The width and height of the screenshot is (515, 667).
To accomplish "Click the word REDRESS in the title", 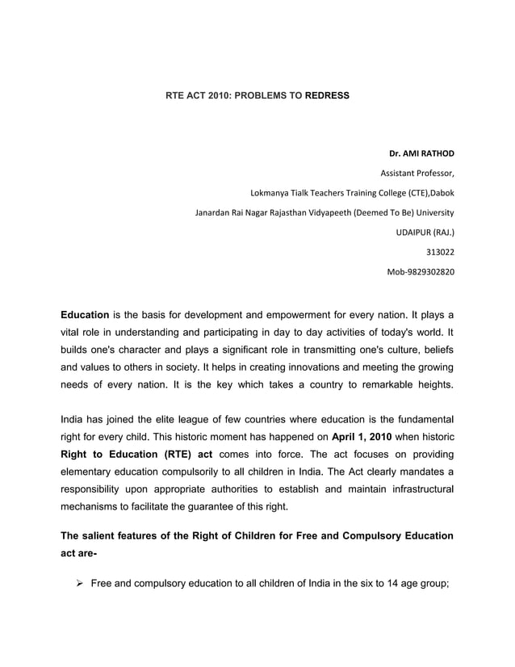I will [328, 95].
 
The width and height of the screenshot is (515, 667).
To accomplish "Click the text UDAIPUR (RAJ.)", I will [423, 233].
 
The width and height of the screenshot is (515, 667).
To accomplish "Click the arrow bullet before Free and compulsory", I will [79, 584].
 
